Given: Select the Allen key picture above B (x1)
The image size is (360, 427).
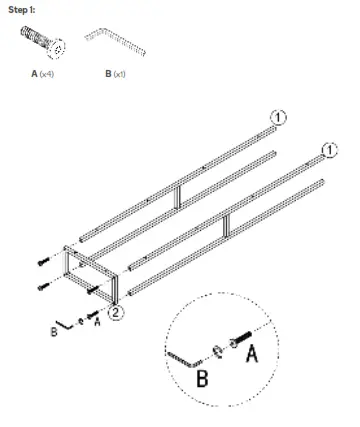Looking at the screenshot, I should [116, 41].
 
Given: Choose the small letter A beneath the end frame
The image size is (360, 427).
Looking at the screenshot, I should [96, 323].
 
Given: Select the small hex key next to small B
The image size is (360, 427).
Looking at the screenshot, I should [66, 323].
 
